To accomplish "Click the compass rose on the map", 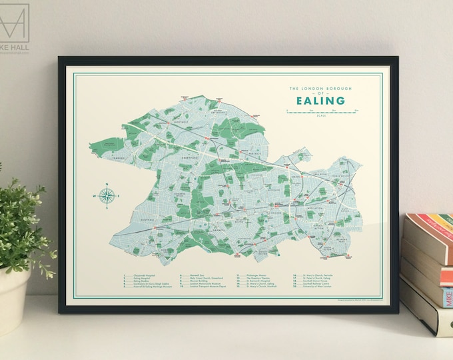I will (x=106, y=195).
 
